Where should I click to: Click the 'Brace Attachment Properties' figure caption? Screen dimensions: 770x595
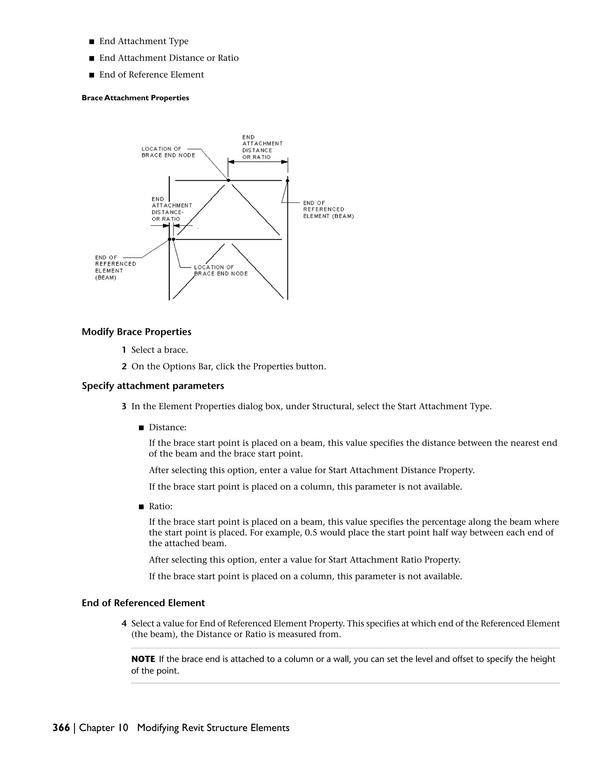point(135,98)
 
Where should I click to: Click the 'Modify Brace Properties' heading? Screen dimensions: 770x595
point(137,332)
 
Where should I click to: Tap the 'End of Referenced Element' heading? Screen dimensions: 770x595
point(143,603)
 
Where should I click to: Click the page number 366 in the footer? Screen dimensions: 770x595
point(61,728)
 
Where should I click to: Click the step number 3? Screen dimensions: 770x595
point(124,407)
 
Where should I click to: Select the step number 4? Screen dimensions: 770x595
point(124,624)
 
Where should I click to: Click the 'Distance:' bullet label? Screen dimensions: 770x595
point(167,427)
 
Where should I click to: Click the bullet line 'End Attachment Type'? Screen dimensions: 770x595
point(144,41)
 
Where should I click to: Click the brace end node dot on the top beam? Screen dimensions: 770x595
point(228,180)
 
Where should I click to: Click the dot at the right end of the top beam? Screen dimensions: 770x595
point(287,180)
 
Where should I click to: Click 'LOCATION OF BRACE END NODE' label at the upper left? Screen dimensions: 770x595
point(168,152)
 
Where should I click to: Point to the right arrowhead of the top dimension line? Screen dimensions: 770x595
point(284,162)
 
